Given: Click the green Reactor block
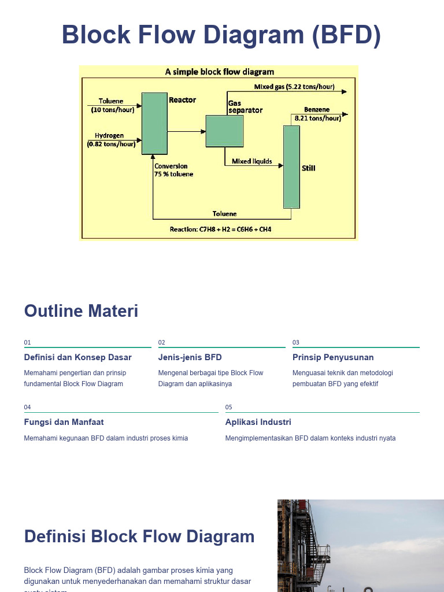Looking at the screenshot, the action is click(154, 123).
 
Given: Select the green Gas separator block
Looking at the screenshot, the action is click(224, 131).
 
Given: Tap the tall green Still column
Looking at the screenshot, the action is click(291, 166).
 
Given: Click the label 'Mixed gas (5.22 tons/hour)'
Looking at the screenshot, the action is click(294, 87).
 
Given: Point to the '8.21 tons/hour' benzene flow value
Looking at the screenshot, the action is click(317, 118).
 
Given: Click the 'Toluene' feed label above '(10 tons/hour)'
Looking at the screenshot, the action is click(110, 101).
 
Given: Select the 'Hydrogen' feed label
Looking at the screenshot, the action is click(110, 136).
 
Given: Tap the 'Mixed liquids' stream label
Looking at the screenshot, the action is click(251, 161).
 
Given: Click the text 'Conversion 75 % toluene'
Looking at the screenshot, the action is click(173, 170).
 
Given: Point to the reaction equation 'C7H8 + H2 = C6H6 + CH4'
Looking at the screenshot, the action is click(235, 230).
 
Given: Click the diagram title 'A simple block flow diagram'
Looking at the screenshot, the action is click(219, 72).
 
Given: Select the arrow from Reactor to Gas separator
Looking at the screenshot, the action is click(186, 132).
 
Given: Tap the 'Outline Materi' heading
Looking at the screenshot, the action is click(81, 311).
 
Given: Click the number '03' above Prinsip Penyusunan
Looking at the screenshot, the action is click(296, 342).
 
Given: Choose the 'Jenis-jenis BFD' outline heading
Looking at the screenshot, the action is click(190, 357).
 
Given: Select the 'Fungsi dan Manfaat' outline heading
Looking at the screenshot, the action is click(64, 422).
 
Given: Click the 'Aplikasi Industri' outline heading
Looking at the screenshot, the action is click(258, 422).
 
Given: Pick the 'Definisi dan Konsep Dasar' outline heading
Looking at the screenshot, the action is click(77, 357).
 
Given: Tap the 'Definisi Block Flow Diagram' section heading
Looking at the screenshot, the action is click(139, 536).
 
